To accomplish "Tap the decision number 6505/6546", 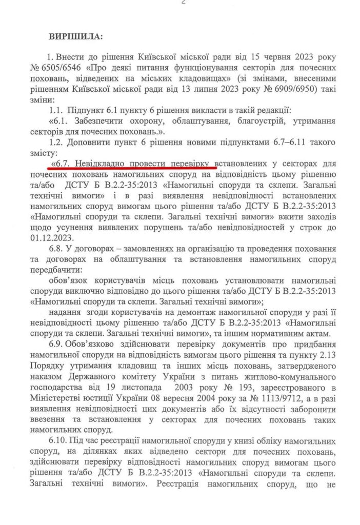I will tap(61, 67).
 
